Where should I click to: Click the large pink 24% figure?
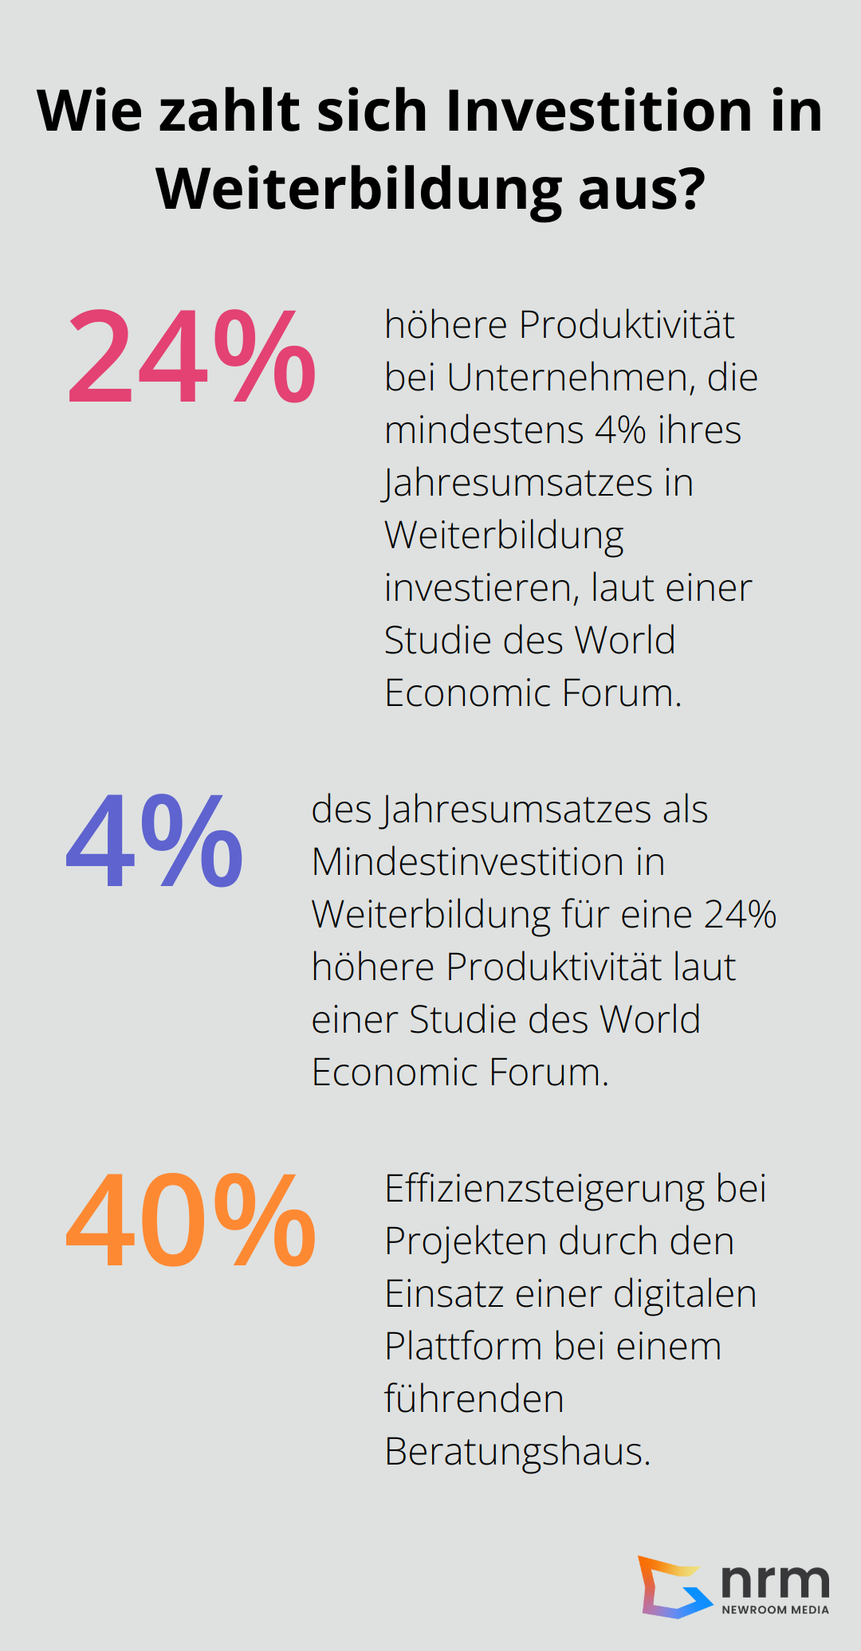[x=191, y=357]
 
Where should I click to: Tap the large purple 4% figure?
[x=155, y=841]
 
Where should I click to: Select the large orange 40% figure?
[x=191, y=1221]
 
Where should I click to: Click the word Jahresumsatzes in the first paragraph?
[x=518, y=484]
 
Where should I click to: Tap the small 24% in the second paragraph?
[x=741, y=915]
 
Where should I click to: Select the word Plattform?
[x=463, y=1347]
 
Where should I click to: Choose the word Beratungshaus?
[x=517, y=1452]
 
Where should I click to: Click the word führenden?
[x=474, y=1399]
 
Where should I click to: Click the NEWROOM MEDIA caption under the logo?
[x=775, y=1610]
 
